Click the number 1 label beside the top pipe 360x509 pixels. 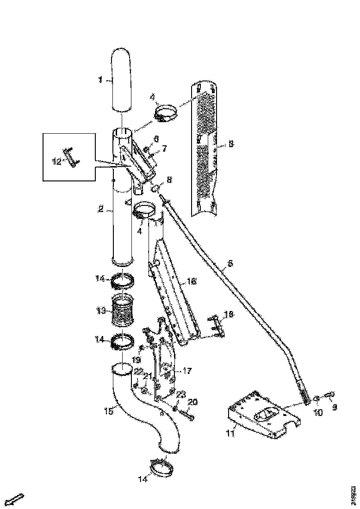99,80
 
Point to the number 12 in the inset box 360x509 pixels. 56,161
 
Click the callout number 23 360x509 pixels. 180,395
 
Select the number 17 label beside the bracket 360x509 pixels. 188,371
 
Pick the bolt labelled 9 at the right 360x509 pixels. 332,394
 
